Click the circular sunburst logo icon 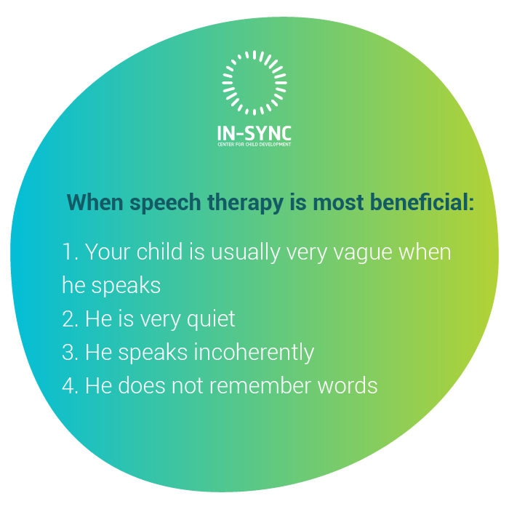254,82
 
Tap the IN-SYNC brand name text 254,134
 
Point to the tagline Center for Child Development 254,145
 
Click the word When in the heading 95,202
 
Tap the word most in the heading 337,202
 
